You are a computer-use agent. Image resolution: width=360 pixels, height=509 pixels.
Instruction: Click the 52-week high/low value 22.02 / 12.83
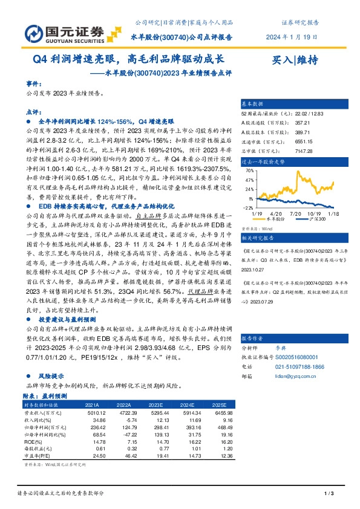tap(310, 113)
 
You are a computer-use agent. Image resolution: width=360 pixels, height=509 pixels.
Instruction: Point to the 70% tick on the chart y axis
tap(250, 170)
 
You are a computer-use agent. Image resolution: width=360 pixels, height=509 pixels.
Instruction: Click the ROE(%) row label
tap(33, 442)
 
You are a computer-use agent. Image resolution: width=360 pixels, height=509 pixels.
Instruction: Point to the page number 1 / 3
tap(329, 494)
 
